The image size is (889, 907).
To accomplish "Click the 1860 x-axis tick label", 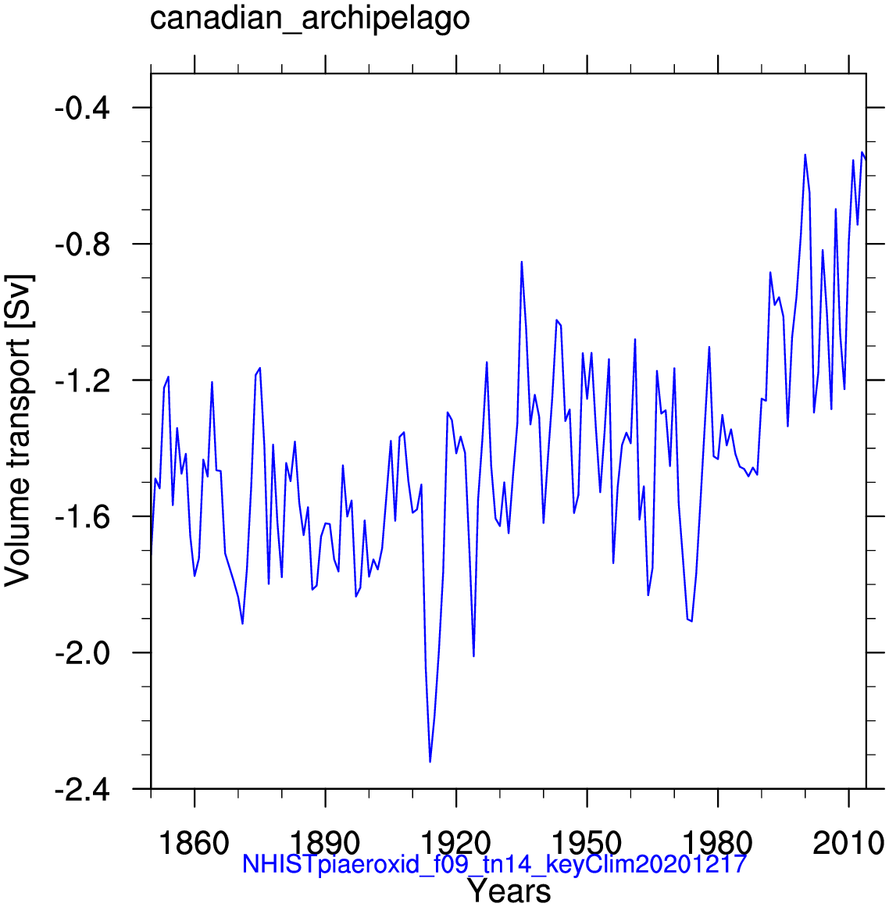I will coord(195,844).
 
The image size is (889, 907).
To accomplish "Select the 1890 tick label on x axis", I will coord(325,844).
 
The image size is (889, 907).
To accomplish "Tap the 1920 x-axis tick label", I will coord(455,844).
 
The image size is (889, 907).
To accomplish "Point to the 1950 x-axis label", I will coord(586,844).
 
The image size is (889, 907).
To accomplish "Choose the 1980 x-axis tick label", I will coord(717,844).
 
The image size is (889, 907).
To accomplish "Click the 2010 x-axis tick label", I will coord(848,844).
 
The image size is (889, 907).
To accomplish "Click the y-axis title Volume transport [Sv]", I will coord(19,430).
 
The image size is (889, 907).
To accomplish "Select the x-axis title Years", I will coord(509,891).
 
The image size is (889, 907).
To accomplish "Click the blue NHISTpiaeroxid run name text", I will coord(494,864).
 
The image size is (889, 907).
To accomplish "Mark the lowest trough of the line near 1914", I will coord(430,762).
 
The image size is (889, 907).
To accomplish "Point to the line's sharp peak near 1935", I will coord(522,262).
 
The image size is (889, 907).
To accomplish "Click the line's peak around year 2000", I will coord(805,155).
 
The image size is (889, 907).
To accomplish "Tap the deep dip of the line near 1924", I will coord(473,656).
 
